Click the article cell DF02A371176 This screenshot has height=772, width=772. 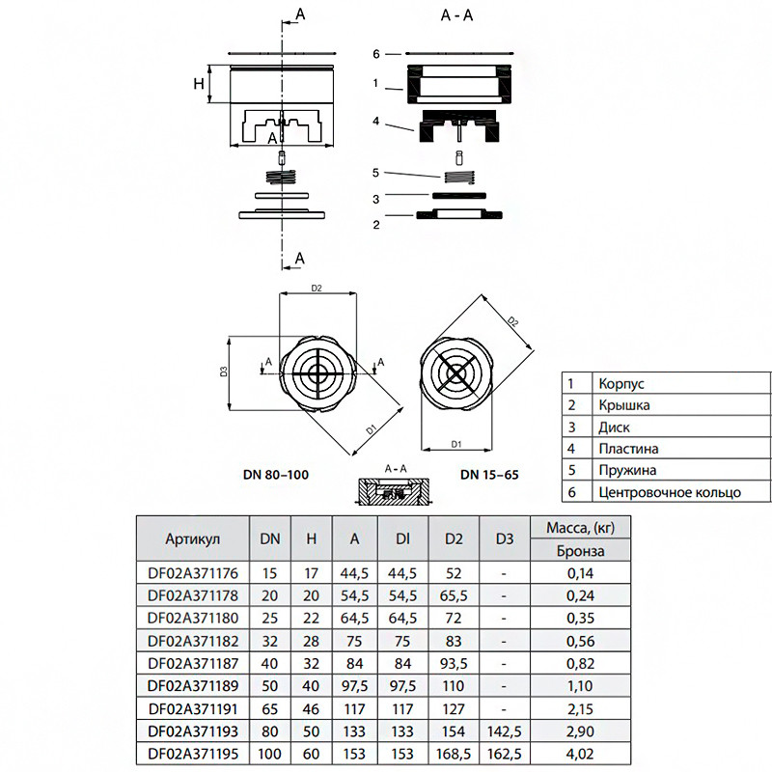192,573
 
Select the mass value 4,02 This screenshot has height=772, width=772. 580,754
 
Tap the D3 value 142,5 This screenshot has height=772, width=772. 504,731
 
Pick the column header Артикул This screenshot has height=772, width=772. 192,539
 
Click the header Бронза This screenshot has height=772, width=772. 581,550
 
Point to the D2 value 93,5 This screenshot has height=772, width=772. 454,664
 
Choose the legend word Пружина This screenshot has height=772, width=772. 627,470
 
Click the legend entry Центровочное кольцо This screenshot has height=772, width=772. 670,492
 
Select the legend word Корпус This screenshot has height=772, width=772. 620,384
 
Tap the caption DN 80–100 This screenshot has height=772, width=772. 276,475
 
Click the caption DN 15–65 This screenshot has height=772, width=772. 489,475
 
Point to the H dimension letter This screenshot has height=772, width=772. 199,84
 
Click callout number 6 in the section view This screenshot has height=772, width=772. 376,54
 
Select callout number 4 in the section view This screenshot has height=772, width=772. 376,121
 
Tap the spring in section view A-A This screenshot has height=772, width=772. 459,177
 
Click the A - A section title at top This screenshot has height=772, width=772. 456,15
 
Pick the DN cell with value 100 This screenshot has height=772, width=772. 270,754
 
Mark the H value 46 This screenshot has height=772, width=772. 311,709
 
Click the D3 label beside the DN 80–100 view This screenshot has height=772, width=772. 224,372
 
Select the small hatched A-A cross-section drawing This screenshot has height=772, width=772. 394,491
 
